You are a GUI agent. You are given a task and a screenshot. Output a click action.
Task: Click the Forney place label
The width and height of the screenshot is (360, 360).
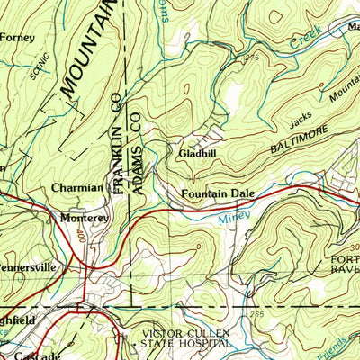[17, 37]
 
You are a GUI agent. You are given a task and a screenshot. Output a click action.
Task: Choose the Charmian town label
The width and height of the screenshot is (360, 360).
[77, 188]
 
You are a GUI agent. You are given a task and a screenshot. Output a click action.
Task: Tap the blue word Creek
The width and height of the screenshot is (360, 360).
[307, 41]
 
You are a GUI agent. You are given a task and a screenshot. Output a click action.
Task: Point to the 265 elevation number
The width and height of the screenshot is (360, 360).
[258, 314]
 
